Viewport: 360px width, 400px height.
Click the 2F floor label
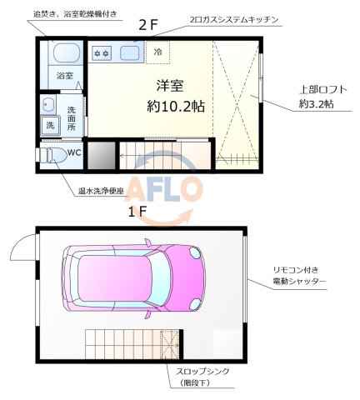147,26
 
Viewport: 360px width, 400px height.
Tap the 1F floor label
137,212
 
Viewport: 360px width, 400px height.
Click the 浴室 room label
64,76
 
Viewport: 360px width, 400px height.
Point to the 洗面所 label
72,117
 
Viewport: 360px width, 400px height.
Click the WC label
74,152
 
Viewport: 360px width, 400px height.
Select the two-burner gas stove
104,53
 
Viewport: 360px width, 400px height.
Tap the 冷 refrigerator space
159,52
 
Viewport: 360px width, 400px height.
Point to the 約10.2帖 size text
177,106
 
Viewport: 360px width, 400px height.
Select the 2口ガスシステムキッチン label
228,18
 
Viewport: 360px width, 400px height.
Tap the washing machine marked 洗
48,126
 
